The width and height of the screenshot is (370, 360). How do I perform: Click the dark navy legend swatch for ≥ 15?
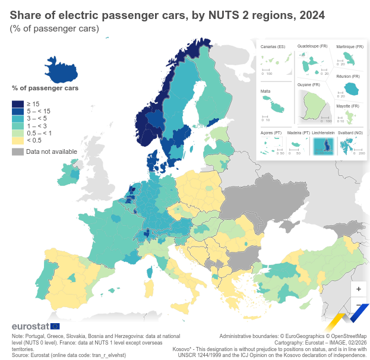coord(17,105)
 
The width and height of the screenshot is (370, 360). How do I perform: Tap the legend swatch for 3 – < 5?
coord(17,119)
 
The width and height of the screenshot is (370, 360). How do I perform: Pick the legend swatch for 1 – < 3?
coord(17,126)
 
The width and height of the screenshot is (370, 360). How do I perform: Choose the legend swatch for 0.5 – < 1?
coord(17,133)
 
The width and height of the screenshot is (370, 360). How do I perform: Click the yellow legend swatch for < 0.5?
coord(17,140)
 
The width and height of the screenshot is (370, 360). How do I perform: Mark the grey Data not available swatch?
coord(17,151)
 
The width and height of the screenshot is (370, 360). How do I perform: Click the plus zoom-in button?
coord(358,288)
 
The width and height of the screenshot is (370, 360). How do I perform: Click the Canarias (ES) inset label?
coord(273,46)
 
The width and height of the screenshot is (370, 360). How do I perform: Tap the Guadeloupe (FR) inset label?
coord(312,46)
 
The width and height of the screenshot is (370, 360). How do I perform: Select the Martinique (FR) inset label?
coord(349,46)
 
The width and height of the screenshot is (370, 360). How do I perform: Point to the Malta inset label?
coord(265,91)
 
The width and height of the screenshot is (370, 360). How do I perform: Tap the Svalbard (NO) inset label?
coord(350,132)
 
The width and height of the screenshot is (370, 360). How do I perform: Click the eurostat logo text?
coord(30,326)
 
